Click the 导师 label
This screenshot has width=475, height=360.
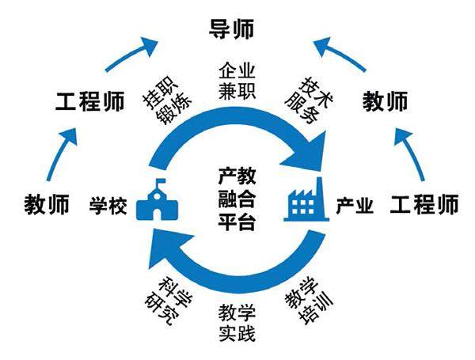click(x=231, y=31)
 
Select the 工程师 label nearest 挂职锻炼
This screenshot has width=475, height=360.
click(x=89, y=102)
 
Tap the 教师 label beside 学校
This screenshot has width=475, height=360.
click(x=47, y=205)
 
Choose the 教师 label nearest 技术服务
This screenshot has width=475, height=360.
click(x=386, y=102)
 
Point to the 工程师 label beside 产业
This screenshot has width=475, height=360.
click(x=424, y=206)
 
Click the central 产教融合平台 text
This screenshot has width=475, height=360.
click(x=236, y=198)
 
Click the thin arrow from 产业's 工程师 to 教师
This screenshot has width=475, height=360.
click(x=412, y=155)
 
